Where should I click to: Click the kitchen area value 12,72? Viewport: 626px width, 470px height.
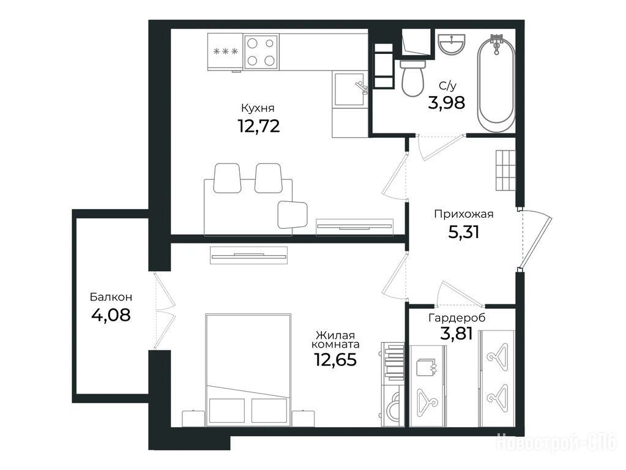click(x=259, y=126)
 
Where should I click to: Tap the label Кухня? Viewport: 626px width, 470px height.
click(x=258, y=108)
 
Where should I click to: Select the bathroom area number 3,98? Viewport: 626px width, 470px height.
click(x=446, y=103)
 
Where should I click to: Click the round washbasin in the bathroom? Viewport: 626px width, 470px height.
click(x=452, y=43)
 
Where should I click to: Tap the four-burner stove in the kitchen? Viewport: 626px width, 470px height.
click(x=261, y=51)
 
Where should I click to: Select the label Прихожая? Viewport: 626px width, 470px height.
click(x=463, y=214)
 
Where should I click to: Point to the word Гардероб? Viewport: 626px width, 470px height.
click(x=456, y=318)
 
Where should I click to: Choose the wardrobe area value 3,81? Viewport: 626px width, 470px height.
click(x=456, y=334)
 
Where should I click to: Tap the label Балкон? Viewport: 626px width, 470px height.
click(x=111, y=297)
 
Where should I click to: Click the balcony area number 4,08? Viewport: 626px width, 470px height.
click(x=111, y=315)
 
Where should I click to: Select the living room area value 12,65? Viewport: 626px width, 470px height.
click(x=335, y=360)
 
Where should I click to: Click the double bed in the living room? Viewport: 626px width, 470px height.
click(x=248, y=370)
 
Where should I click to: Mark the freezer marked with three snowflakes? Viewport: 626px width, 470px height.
click(x=226, y=51)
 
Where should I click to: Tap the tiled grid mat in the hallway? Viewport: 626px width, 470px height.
click(x=505, y=170)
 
